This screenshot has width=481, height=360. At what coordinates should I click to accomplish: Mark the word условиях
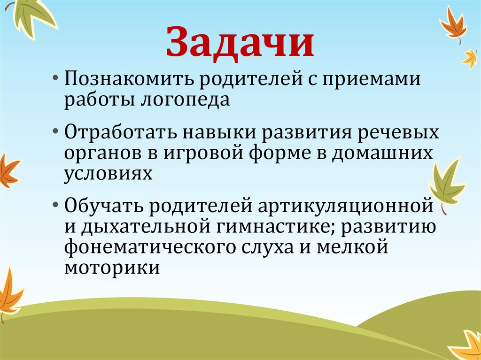(x=109, y=174)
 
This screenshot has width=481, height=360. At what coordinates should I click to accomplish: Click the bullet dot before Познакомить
(x=56, y=77)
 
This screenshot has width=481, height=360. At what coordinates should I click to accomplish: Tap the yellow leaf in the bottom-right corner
(x=468, y=346)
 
